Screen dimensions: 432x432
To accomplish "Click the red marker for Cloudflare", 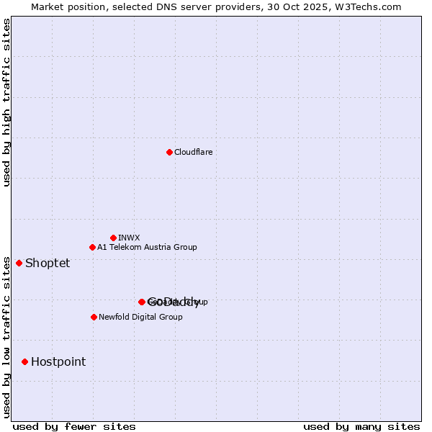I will (169, 152).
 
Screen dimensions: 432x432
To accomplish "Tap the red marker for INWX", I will (113, 238).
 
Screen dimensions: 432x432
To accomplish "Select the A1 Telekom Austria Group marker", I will (92, 247).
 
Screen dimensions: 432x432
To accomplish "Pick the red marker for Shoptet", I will (19, 263).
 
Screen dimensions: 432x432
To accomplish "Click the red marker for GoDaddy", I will (142, 302).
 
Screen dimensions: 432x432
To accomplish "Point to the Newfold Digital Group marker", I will (94, 317).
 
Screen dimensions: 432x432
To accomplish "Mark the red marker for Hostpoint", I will (24, 361).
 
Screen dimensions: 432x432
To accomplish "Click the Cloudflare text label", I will (193, 152).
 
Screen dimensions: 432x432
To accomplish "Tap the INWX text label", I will (129, 238).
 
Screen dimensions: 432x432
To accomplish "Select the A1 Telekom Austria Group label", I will (147, 247).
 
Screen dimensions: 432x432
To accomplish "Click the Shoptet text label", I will (48, 263).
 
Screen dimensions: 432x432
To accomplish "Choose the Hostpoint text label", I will (58, 361).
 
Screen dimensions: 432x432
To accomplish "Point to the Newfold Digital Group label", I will (140, 317).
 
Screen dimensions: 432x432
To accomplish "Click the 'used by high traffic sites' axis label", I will (7, 102).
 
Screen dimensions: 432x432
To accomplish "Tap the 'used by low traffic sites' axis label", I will (7, 336).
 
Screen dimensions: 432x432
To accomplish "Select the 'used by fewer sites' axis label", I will (74, 426).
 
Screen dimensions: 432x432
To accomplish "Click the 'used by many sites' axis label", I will (361, 426).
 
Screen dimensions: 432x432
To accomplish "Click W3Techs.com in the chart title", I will (368, 6).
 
